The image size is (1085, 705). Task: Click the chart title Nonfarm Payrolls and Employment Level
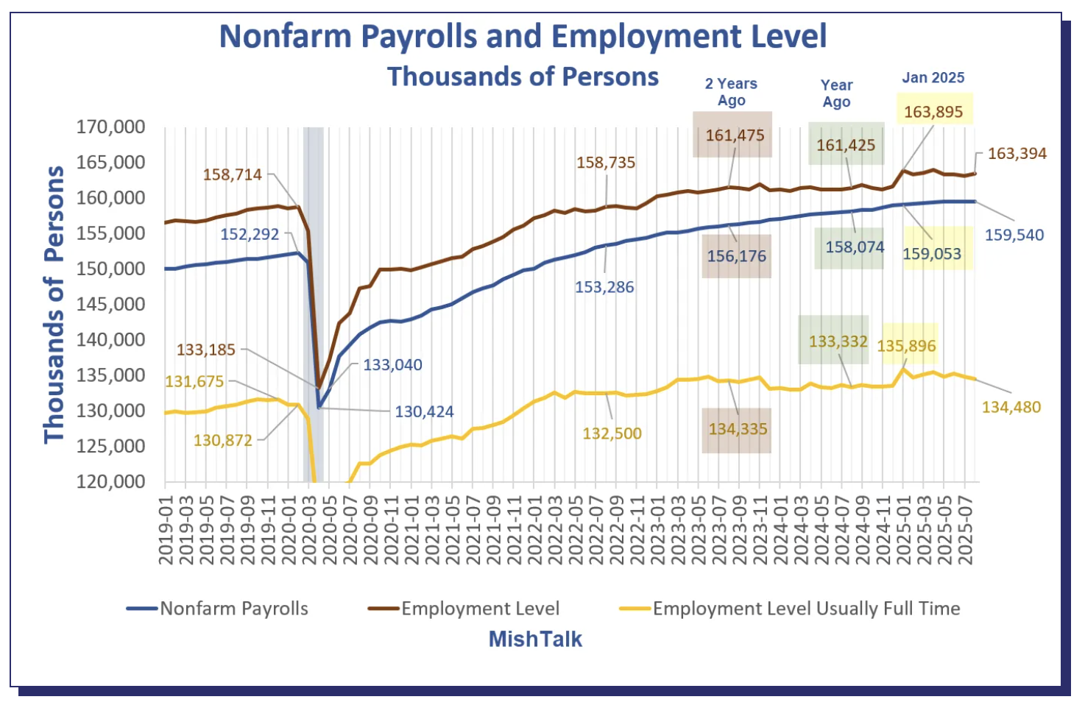(523, 37)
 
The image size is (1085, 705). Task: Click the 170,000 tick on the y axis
(111, 127)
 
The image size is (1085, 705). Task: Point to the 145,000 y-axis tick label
(111, 305)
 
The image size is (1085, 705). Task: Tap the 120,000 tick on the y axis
(111, 482)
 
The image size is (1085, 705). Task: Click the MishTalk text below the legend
(535, 639)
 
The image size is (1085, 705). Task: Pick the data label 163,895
(933, 112)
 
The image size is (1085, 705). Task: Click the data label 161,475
(735, 135)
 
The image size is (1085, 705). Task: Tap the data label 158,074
(855, 247)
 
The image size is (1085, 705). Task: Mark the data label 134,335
(738, 429)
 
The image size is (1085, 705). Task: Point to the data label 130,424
(424, 412)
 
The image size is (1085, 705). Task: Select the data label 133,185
(206, 350)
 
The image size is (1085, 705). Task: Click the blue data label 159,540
(1014, 235)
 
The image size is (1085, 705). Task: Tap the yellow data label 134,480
(1011, 408)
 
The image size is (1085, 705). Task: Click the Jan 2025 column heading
(933, 78)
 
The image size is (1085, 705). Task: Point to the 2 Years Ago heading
(731, 92)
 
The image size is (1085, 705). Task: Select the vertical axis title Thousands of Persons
(54, 305)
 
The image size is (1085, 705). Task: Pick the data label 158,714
(233, 175)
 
